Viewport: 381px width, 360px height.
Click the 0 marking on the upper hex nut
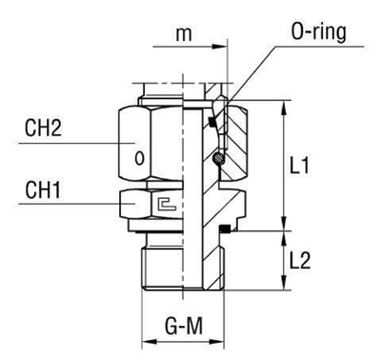coord(141,158)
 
